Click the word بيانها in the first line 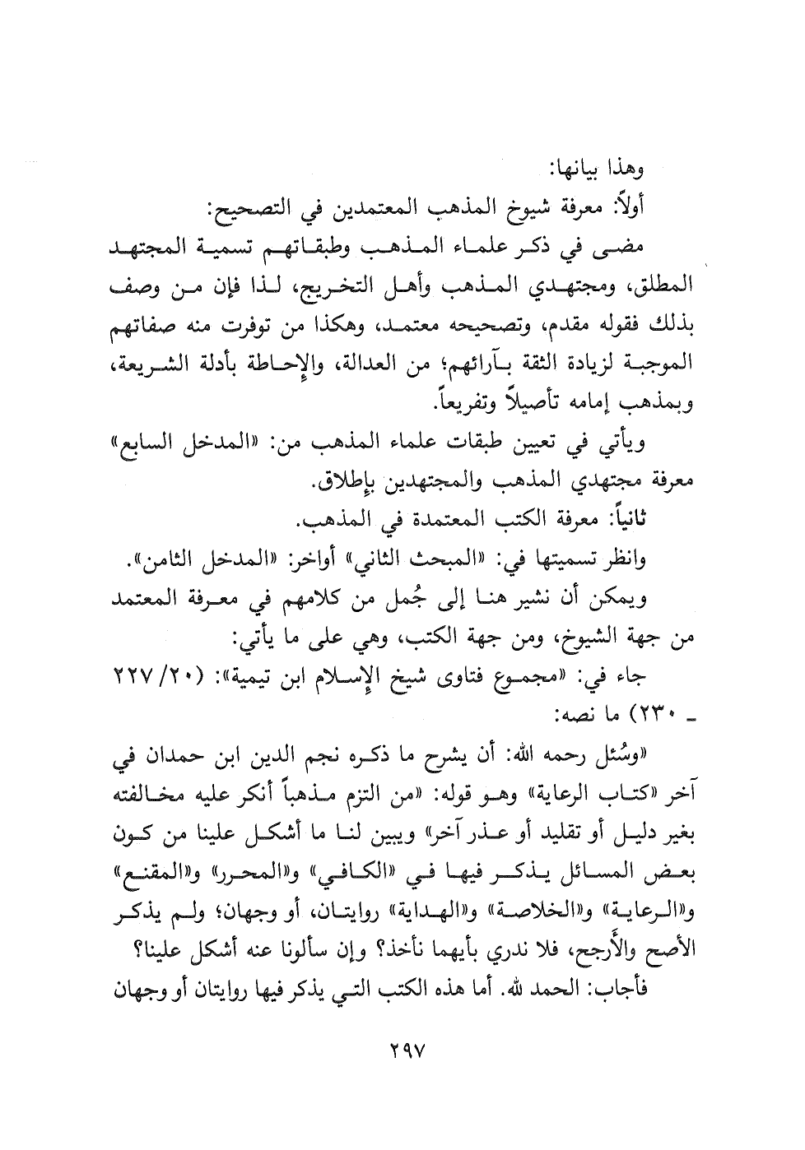(592, 169)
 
